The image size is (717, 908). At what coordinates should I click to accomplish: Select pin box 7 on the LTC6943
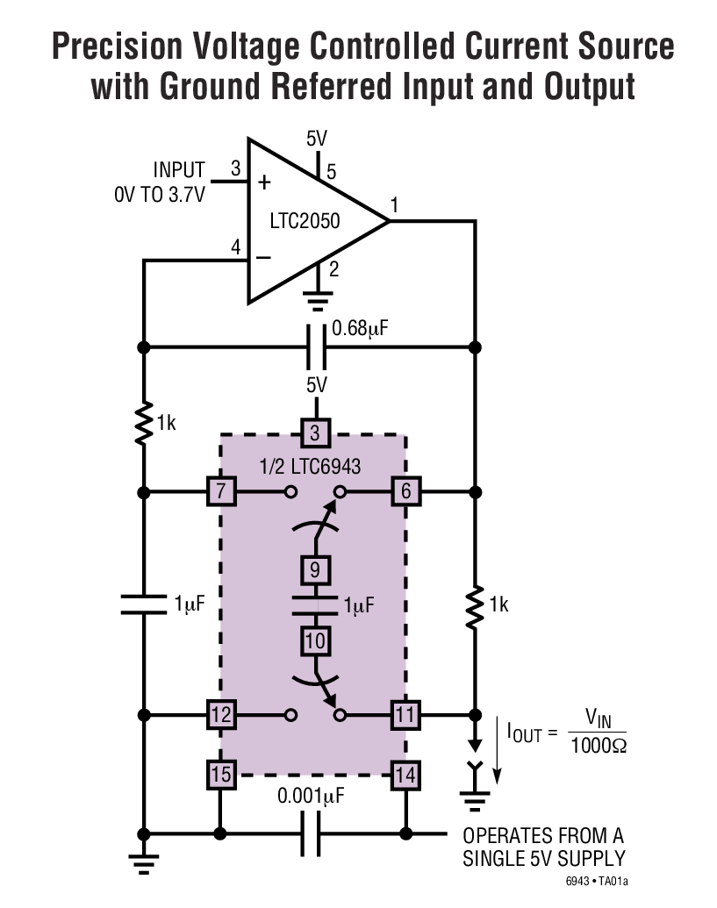click(221, 491)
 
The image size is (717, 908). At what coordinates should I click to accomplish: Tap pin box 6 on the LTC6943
click(405, 491)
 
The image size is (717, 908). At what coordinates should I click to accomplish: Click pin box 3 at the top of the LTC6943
click(315, 433)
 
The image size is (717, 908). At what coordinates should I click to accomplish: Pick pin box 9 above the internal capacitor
click(315, 571)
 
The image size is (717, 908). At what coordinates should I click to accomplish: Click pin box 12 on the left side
click(221, 715)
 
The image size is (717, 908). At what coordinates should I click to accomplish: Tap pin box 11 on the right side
click(405, 715)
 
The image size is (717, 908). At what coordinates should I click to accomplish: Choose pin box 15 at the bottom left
click(221, 774)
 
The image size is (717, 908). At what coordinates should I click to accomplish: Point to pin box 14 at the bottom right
click(405, 774)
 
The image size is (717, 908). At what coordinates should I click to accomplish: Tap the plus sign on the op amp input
click(265, 183)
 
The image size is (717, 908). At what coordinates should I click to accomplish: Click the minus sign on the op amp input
click(265, 259)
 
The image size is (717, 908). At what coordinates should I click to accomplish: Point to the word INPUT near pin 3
click(179, 169)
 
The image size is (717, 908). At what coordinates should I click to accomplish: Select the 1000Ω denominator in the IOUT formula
click(599, 747)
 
